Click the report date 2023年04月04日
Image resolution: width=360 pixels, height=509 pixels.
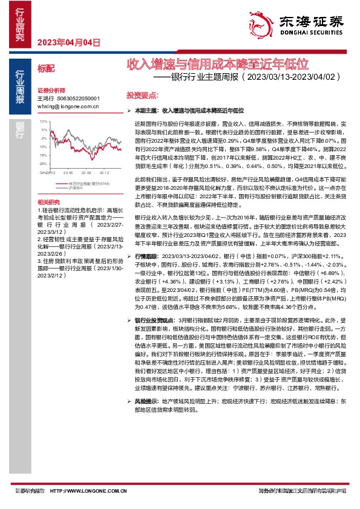68,42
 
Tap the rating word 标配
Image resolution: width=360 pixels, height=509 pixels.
45,69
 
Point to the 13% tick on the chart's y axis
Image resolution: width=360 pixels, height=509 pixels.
44,122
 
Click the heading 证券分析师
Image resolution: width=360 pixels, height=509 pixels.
51,89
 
